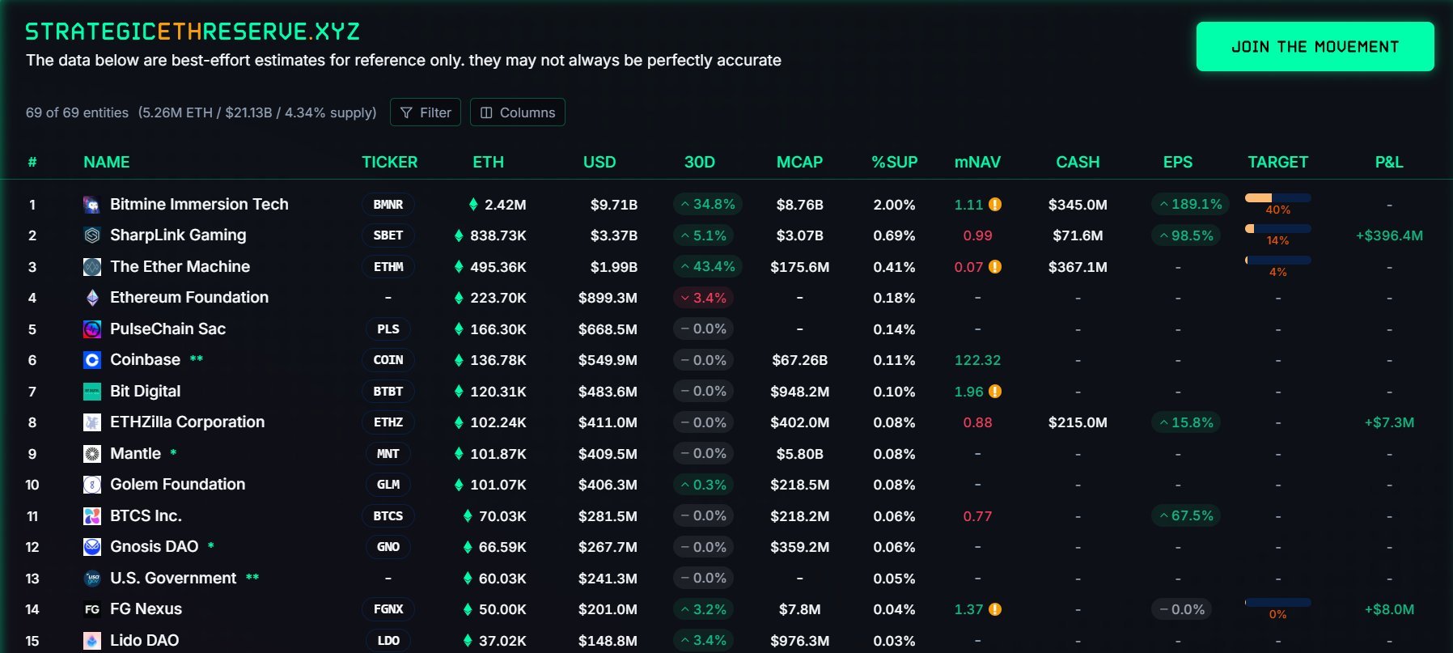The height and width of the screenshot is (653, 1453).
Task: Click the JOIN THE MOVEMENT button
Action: pos(1315,47)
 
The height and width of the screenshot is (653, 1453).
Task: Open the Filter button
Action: pos(426,112)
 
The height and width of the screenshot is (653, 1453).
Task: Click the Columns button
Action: pos(518,112)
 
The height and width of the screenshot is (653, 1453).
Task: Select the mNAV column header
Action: pos(977,162)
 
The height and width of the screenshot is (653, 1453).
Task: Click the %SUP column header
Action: pos(894,162)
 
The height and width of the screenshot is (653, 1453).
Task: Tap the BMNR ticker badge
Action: pos(388,205)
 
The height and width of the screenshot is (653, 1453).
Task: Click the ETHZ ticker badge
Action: pos(388,422)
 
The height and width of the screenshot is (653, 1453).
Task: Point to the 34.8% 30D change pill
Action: pos(707,204)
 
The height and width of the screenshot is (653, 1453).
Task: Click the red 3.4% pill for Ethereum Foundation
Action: pos(703,298)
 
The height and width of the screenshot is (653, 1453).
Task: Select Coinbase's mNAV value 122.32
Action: pos(977,360)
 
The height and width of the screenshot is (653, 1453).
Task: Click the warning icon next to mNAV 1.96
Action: pos(995,392)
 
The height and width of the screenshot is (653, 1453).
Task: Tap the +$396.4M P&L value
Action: pos(1389,235)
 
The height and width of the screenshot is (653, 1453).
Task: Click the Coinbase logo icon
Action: pos(92,360)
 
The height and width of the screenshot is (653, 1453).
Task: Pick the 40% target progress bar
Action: pos(1277,198)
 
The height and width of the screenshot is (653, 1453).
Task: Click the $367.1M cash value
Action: pos(1078,267)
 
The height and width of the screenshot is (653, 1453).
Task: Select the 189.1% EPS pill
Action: pos(1190,204)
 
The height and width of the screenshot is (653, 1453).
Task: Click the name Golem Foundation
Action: pos(177,484)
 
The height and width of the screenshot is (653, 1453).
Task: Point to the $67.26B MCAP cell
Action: pos(799,360)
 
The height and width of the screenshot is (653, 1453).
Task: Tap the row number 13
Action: pos(32,579)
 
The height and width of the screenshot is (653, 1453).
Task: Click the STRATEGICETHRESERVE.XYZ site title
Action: pos(193,32)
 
